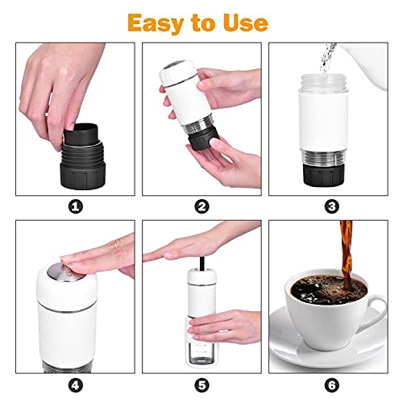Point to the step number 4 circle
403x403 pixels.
click(x=77, y=385)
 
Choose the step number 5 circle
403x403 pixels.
click(x=201, y=385)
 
